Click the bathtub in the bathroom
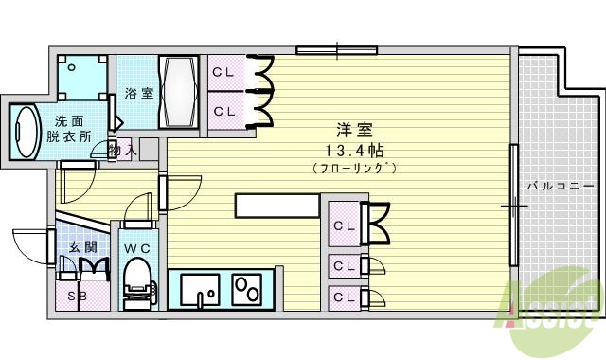[x=179, y=92]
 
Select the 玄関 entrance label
[x=81, y=247]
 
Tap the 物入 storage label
[x=123, y=150]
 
